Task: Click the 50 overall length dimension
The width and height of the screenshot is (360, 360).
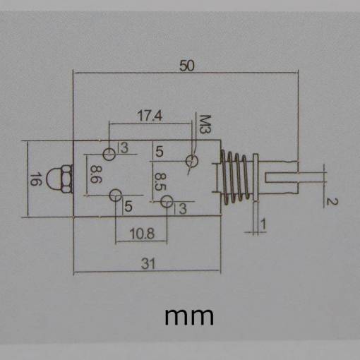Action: click(187, 66)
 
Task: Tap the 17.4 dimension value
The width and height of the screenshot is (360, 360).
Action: click(150, 116)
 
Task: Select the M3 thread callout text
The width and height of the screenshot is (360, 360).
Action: click(205, 124)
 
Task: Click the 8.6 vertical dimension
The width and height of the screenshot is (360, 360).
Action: click(96, 174)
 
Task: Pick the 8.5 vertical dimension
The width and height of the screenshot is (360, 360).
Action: click(160, 181)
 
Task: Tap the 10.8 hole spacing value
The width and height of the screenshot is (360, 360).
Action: click(142, 234)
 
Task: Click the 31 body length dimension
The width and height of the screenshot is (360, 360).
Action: click(148, 263)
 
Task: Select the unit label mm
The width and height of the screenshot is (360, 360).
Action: click(189, 317)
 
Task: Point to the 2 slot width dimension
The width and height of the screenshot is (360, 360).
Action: click(332, 202)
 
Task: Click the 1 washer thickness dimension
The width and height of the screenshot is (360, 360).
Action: click(263, 224)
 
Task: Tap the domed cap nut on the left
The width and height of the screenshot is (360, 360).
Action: click(59, 179)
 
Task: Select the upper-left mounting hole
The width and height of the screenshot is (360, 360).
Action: click(109, 155)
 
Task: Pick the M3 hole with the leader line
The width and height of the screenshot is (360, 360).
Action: click(192, 161)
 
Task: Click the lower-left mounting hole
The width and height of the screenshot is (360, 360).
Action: click(116, 196)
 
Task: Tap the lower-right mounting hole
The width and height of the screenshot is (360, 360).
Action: click(167, 201)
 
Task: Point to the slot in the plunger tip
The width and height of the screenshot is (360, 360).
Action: click(282, 178)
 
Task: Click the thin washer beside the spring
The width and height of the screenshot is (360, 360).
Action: click(256, 178)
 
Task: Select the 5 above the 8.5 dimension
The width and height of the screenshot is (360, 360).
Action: click(160, 151)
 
